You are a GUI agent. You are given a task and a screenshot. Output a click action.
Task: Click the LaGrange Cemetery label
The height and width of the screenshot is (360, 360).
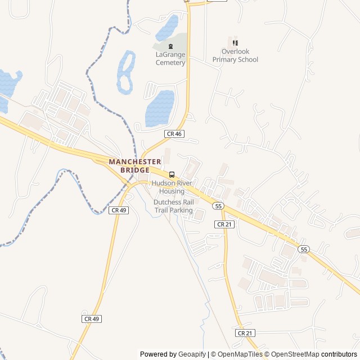tap(170, 58)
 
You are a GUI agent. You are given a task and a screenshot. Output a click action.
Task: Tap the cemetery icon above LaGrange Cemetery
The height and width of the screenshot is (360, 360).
tap(170, 46)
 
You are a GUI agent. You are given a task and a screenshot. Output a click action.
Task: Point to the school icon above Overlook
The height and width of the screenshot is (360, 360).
tap(235, 43)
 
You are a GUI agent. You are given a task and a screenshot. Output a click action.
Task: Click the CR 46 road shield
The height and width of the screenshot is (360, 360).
tap(174, 134)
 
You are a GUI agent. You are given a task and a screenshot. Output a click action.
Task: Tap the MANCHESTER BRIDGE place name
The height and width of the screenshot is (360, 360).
tap(135, 165)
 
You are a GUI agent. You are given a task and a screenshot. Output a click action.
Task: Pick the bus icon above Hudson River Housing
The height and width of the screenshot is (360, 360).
tap(172, 174)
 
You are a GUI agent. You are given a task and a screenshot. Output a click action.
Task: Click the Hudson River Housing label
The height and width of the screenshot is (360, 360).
tap(172, 187)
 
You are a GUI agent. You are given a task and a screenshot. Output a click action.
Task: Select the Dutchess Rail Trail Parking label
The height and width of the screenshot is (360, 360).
tap(173, 206)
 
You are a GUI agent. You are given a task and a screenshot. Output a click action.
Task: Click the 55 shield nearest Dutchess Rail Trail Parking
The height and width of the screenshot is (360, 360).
tap(218, 206)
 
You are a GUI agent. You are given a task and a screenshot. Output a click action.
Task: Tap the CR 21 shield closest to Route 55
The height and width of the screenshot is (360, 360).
tap(224, 224)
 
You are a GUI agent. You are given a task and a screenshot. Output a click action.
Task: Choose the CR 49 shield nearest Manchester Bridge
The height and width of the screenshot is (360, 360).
tap(119, 210)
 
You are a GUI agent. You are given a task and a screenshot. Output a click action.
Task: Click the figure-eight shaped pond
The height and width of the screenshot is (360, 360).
tap(126, 71)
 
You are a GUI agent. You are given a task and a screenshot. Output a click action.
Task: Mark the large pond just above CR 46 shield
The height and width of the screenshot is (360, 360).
tap(160, 108)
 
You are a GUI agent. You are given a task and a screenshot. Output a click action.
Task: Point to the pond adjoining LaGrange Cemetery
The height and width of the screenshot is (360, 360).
tap(167, 28)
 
